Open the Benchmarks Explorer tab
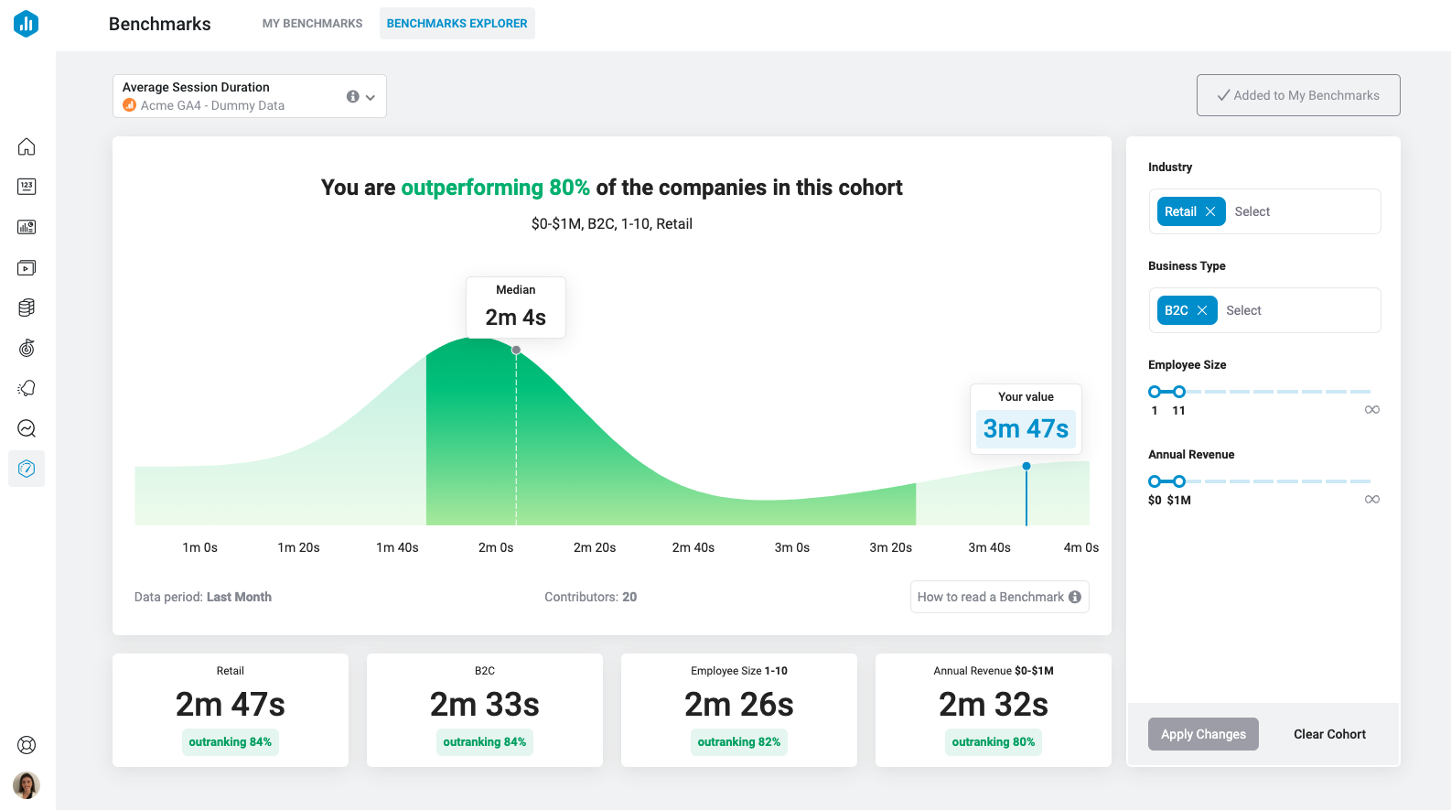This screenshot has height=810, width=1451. tap(457, 24)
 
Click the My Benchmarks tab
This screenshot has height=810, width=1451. tap(312, 24)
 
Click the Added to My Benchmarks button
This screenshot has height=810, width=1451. tap(1297, 95)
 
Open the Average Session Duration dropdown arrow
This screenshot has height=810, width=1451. tap(371, 97)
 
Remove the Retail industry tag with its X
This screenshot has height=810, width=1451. tap(1210, 211)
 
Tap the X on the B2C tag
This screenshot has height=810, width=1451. tap(1202, 310)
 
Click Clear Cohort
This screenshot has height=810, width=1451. tap(1328, 734)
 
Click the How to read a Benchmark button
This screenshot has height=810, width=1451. tap(998, 597)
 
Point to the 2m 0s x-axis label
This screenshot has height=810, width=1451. tap(496, 547)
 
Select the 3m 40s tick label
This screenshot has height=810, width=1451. tap(989, 547)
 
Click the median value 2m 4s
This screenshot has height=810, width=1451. tap(515, 318)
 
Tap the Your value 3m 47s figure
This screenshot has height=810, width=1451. tap(1026, 428)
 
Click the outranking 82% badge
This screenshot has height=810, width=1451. tap(738, 742)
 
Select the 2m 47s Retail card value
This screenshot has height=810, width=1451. tap(231, 705)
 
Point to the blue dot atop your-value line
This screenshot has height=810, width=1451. tap(1026, 466)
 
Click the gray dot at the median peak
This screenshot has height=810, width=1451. tap(516, 350)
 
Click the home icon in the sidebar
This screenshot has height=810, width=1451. tap(27, 146)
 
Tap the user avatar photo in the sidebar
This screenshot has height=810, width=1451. tap(27, 784)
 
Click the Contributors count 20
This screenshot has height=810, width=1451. tap(629, 597)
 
